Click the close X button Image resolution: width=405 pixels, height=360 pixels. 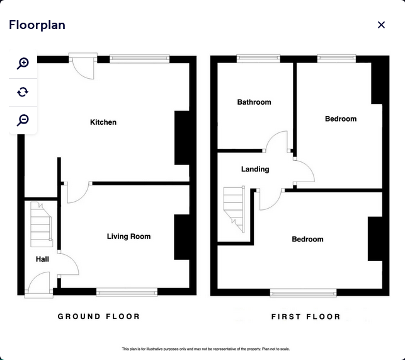[381, 25]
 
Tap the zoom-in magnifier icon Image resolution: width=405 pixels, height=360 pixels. [23, 63]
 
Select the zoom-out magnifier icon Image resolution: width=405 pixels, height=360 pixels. [23, 120]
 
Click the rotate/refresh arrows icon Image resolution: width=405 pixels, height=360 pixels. [23, 92]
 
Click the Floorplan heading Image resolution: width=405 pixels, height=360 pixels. [37, 25]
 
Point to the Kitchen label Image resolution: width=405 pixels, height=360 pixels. [103, 122]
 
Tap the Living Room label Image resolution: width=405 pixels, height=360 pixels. [128, 236]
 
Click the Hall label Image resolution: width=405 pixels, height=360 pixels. [42, 259]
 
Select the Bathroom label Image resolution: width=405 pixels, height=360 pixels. [254, 102]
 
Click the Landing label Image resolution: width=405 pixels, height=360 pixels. [255, 169]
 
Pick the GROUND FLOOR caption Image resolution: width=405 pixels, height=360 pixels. [99, 316]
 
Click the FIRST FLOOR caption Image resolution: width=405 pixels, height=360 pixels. [305, 316]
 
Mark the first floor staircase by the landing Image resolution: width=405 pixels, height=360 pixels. [234, 209]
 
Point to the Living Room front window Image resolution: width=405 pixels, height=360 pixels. [127, 292]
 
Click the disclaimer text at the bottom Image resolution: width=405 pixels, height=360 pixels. [206, 349]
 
